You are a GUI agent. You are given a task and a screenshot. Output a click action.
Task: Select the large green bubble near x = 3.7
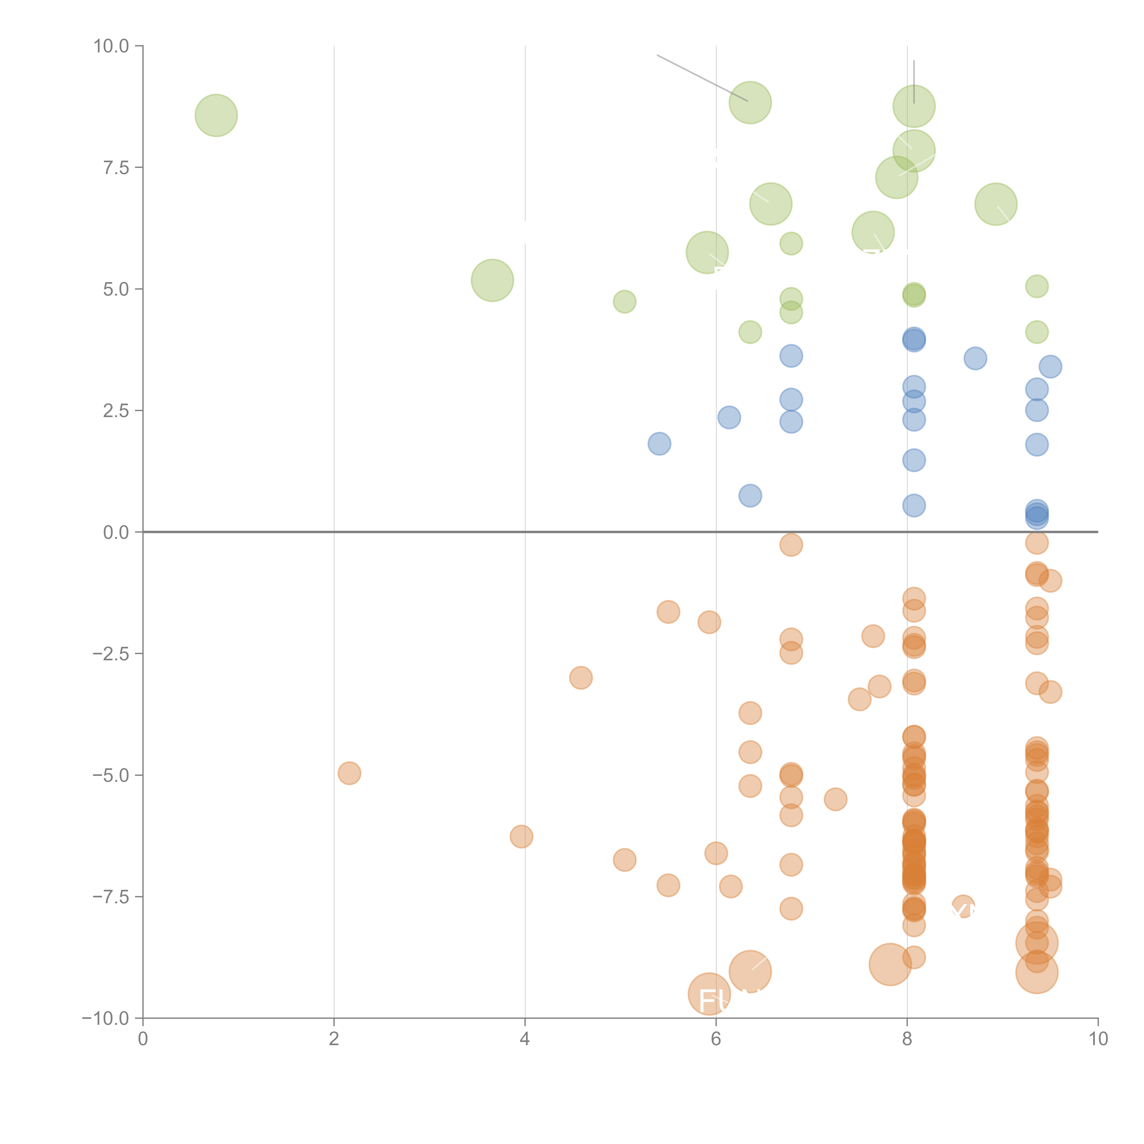click(x=492, y=280)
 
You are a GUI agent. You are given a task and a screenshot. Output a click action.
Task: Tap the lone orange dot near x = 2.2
click(x=349, y=773)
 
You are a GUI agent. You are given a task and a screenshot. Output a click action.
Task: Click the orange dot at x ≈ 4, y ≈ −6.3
click(x=521, y=836)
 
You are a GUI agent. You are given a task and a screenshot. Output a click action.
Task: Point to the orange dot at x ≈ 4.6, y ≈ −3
click(x=581, y=677)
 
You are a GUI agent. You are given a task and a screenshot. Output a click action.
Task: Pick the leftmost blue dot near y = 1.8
click(x=659, y=443)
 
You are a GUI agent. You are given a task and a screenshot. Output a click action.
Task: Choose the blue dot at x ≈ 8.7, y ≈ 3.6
click(x=975, y=358)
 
